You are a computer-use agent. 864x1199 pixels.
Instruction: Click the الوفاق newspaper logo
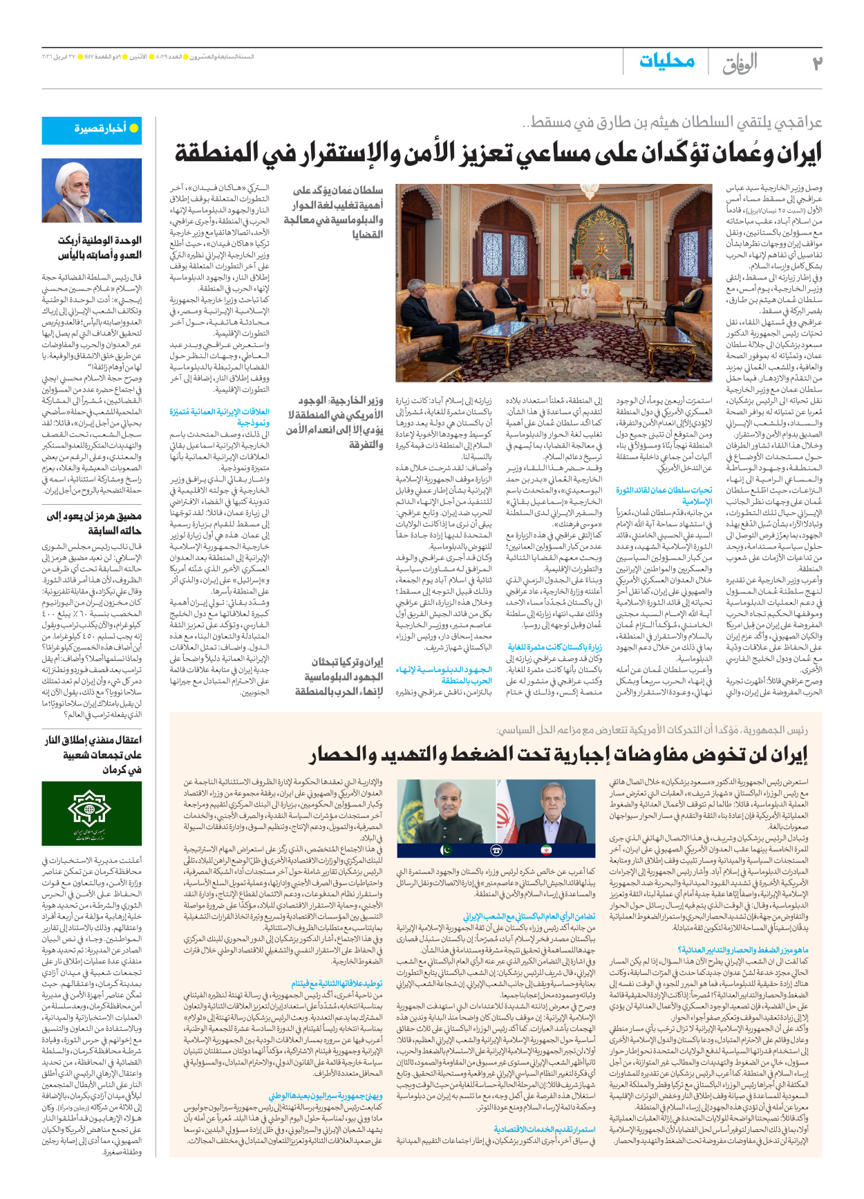740,64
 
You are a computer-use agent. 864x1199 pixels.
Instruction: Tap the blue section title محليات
666,62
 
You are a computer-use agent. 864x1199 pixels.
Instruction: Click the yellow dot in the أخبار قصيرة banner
134,129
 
